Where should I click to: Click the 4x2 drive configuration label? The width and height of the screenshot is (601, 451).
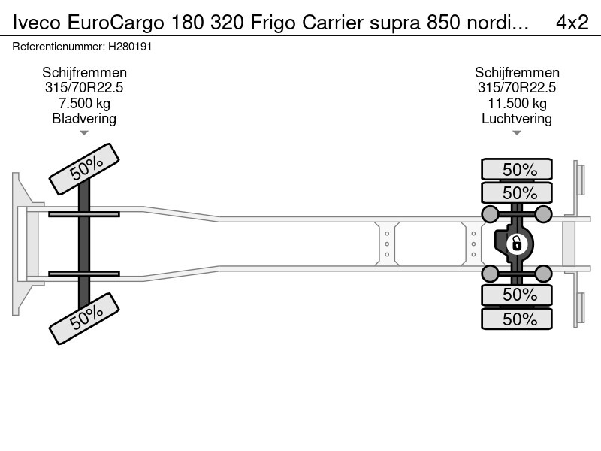(572, 23)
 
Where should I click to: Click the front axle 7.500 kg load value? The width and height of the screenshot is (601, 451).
(84, 103)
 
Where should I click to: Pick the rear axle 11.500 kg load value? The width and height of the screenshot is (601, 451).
(517, 103)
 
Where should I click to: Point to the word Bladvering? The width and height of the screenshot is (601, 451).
(84, 118)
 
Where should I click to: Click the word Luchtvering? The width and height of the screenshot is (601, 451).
(517, 118)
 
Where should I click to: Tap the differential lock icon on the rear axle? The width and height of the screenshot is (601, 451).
(516, 244)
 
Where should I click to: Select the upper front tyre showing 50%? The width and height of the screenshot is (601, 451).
(84, 170)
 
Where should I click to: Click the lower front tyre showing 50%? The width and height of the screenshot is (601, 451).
(84, 316)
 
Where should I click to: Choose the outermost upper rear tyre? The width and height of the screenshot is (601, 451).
(517, 169)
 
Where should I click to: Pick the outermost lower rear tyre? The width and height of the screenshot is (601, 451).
(517, 319)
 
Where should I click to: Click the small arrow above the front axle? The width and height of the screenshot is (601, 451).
(84, 133)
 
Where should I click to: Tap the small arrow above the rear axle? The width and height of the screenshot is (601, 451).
(517, 133)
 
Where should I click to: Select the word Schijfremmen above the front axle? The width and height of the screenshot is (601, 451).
(84, 73)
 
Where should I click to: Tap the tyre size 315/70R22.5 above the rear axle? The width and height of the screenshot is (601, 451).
(517, 88)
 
